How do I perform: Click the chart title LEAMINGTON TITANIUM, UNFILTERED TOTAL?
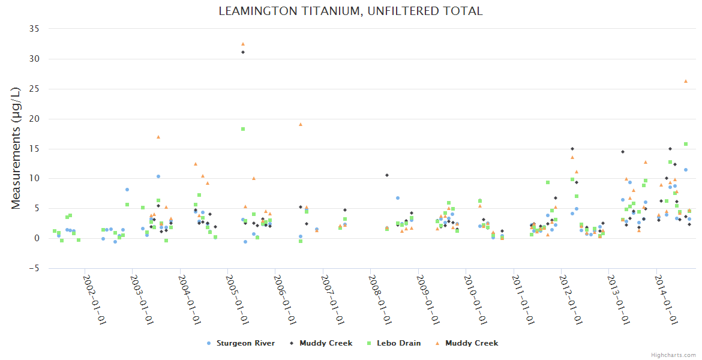350,11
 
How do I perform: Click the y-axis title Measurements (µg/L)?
16,149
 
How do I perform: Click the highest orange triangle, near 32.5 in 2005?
243,44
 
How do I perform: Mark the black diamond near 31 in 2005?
243,52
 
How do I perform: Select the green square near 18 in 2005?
243,129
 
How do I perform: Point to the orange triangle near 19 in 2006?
301,124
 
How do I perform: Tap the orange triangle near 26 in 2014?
686,81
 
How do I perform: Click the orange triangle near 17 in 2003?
158,137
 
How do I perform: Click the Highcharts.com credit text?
673,355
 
